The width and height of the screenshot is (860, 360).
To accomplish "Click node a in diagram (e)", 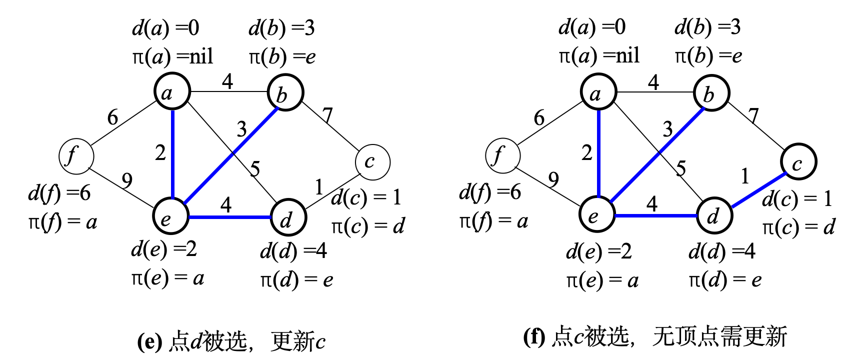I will click(172, 91).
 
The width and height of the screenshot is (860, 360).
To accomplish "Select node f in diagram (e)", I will click(76, 156).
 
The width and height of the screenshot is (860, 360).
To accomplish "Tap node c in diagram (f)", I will click(798, 161).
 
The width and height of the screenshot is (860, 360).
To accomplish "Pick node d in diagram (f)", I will click(714, 216).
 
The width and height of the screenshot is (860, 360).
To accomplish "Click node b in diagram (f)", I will click(711, 93).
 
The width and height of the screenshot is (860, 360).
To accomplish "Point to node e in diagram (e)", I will click(170, 216).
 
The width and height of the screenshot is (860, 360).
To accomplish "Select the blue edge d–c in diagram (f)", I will click(757, 190).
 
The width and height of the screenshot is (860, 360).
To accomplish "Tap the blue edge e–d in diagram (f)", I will click(655, 215).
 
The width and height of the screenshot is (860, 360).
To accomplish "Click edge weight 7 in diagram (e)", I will click(327, 115).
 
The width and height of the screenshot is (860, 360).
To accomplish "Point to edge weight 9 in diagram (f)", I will click(553, 179).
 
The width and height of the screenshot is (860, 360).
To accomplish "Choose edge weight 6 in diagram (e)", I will click(112, 117).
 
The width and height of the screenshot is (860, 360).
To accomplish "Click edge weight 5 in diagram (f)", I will click(681, 168).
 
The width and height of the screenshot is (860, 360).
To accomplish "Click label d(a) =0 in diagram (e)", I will click(165, 28).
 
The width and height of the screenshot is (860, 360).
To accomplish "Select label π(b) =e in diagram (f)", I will click(708, 56).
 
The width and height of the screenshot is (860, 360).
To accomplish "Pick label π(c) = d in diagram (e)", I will click(368, 226).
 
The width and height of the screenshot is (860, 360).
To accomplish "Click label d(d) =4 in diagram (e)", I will click(293, 250).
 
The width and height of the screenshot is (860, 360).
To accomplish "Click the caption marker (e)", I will click(149, 341).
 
